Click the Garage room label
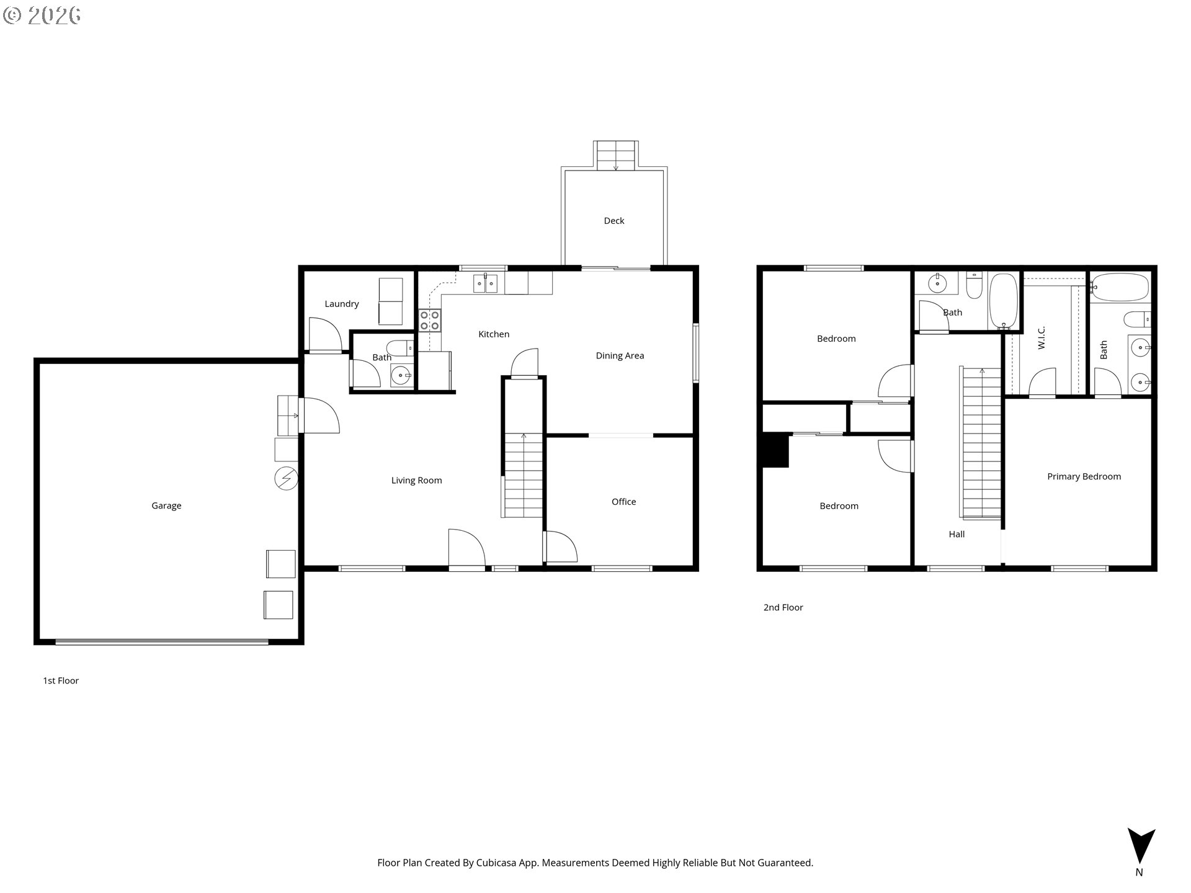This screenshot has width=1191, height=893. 166,506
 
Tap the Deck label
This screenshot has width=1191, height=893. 614,221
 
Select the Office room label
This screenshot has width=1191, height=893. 624,502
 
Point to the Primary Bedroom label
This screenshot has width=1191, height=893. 1084,477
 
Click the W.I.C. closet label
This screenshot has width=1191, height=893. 1042,337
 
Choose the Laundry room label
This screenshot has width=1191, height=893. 342,304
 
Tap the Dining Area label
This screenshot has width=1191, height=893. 620,356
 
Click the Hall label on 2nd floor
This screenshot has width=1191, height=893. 957,534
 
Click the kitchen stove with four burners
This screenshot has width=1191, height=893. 429,320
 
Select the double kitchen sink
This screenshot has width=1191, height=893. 486,283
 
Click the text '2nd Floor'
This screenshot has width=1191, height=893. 783,608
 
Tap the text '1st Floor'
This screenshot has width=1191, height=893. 61,681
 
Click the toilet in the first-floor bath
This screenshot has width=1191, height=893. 400,347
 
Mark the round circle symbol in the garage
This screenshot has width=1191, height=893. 286,478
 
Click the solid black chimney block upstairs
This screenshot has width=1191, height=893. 775,450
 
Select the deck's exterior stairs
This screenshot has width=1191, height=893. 616,155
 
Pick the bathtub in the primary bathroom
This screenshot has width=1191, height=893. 1120,287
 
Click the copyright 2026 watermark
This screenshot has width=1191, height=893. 42,16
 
